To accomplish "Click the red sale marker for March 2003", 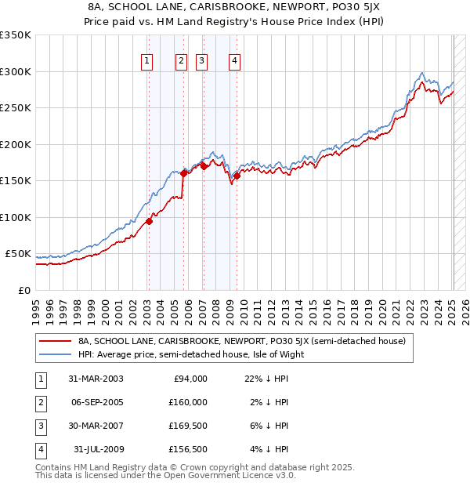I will click(x=149, y=221).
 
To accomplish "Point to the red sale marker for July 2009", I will click(x=237, y=176).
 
